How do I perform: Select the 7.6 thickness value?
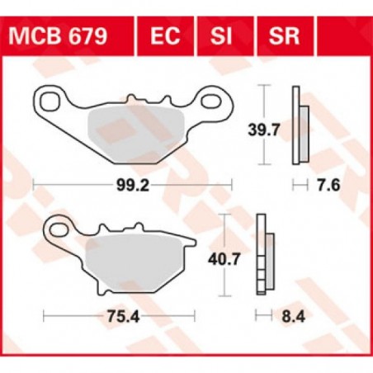(x=323, y=187)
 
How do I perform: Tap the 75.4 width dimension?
(x=120, y=314)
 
